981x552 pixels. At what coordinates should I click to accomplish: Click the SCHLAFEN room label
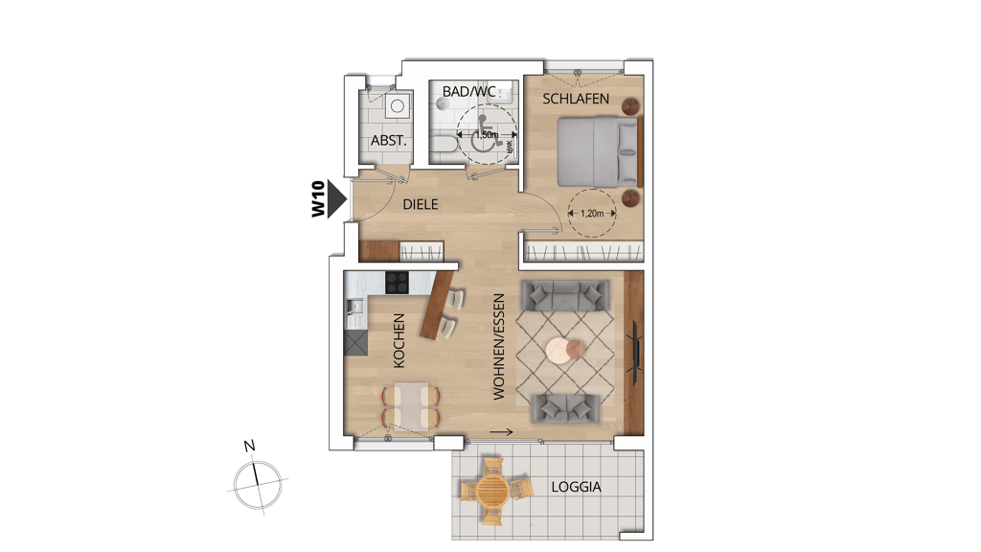point(576,99)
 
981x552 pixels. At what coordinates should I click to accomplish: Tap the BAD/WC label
point(468,91)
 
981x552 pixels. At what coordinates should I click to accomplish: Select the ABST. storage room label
point(389,141)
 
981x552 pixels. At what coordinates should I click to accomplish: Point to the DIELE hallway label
point(421,205)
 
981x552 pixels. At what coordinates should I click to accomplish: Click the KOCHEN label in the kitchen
point(399,340)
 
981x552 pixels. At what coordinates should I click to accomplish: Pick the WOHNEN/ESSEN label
point(498,347)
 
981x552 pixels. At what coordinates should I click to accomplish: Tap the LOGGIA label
point(576,487)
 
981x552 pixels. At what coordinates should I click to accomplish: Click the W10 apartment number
point(318,199)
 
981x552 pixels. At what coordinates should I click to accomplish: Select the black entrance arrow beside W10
point(338,199)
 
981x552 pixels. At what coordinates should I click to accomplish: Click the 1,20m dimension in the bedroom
point(592,214)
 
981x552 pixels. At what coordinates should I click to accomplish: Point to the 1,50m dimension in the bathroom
point(487,134)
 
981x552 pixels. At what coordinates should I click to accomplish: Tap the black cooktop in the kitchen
point(397,283)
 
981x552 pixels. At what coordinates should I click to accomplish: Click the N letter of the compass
point(250,447)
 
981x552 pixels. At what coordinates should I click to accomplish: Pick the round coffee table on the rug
point(565,349)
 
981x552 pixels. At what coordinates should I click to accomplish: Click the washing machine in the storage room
point(398,106)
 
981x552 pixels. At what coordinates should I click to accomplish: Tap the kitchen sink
point(354,307)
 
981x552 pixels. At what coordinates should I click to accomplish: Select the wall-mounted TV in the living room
point(635,353)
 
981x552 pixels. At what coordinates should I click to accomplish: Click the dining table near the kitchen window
point(411,406)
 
